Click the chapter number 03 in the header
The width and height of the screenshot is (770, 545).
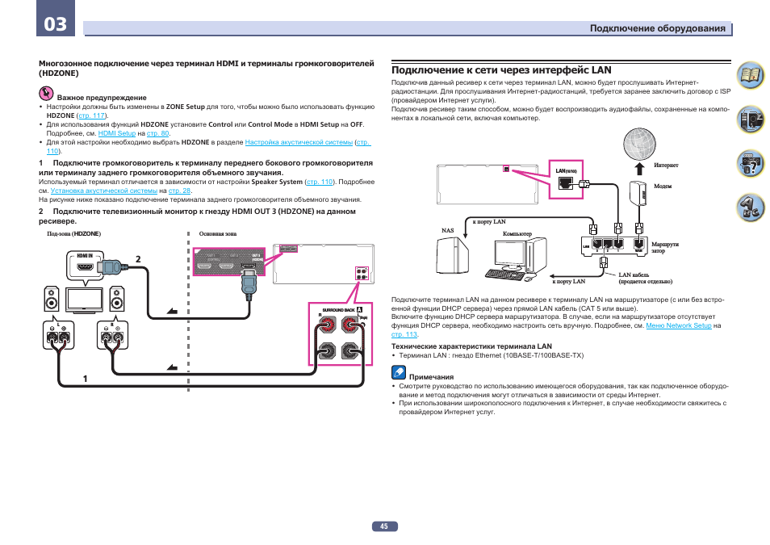[x=56, y=24]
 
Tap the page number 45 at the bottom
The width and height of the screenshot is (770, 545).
[x=384, y=526]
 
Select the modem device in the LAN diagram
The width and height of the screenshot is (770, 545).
[x=642, y=195]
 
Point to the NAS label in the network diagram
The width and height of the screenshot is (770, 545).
[x=448, y=230]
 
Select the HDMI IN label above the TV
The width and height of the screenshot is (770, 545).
[x=86, y=254]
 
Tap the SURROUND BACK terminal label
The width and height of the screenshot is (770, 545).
[x=337, y=310]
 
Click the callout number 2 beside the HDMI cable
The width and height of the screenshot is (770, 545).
[x=138, y=258]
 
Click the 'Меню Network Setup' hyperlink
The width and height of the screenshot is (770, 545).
[x=679, y=325]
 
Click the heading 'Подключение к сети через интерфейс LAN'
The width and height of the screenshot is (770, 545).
[x=501, y=70]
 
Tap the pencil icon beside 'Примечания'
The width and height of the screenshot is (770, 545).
[x=398, y=374]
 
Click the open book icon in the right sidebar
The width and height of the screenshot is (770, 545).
[x=751, y=77]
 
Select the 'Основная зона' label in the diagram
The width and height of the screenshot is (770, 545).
[x=218, y=234]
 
